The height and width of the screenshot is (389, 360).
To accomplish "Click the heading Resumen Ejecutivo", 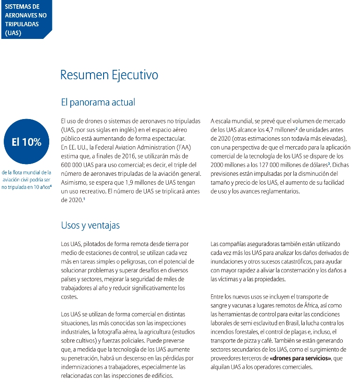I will click(109, 75).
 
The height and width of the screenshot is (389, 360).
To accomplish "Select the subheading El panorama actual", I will click(98, 102).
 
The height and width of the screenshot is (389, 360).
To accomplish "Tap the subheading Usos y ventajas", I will click(90, 225).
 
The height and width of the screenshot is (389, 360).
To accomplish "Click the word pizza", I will click(254, 341).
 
